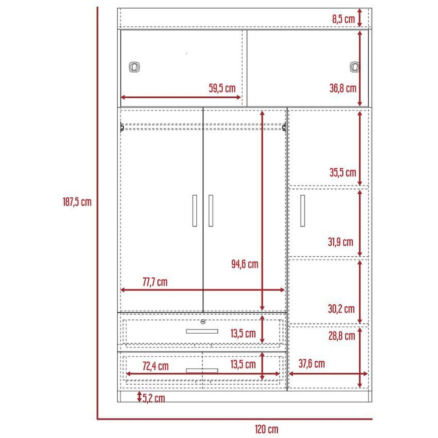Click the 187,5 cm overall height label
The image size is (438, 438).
[77, 202]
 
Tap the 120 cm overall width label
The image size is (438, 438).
[266, 429]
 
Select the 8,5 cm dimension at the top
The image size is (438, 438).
[343, 19]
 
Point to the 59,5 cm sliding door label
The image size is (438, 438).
[222, 88]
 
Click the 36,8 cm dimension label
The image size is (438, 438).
[343, 88]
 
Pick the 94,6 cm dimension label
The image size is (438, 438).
[245, 264]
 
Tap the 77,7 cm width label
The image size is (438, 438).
[155, 282]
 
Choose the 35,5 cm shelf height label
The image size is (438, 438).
[343, 172]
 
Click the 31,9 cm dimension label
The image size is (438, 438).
[340, 242]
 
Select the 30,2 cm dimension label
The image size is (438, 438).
[341, 309]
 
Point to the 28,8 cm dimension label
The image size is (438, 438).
[342, 336]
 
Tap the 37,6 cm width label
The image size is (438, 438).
[311, 364]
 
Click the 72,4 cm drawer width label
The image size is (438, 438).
[155, 366]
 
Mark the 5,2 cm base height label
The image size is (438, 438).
[154, 398]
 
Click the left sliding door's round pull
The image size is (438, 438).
[134, 67]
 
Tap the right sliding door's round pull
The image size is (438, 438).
[355, 67]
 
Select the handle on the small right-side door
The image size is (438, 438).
[303, 211]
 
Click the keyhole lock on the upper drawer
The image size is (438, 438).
[203, 322]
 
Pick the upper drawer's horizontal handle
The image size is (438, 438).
[202, 331]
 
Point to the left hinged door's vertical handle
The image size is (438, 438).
[195, 211]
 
